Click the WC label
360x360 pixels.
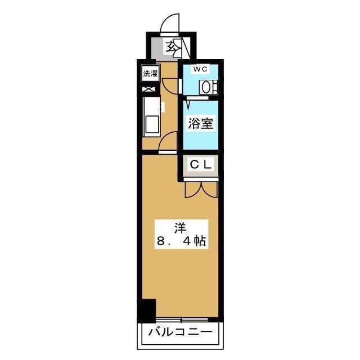(x=201, y=69)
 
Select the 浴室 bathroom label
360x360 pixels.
(x=201, y=123)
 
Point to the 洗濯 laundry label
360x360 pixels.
(x=150, y=73)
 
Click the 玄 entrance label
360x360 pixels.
(x=170, y=46)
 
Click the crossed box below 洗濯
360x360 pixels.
(x=149, y=89)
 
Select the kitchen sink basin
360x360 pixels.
(x=151, y=124)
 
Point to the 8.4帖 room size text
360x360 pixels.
(x=180, y=242)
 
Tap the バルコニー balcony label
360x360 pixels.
(x=180, y=332)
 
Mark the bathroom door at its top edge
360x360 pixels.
(x=191, y=100)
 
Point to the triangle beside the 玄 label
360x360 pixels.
(x=179, y=46)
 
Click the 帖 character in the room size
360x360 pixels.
(x=199, y=242)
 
